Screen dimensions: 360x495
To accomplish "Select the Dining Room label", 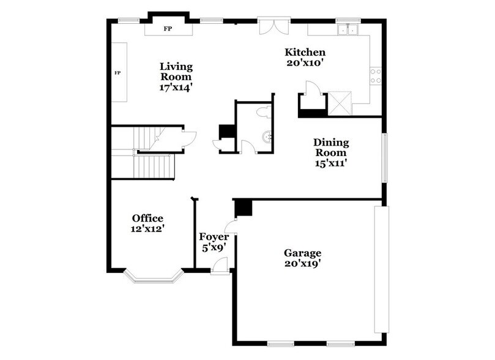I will (332, 147).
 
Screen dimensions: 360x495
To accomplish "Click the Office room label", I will (147, 218).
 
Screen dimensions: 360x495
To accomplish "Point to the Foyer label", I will (214, 236).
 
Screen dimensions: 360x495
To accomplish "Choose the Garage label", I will (302, 252).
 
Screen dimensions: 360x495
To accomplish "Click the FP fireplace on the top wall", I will (167, 29).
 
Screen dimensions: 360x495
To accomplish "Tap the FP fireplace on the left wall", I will (118, 73).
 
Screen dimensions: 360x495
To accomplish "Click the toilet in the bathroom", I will (264, 113).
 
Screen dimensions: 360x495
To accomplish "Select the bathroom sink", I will (266, 138).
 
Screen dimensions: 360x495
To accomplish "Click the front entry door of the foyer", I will (220, 266).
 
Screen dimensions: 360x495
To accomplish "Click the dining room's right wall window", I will (385, 157).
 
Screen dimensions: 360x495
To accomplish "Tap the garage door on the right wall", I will (381, 269).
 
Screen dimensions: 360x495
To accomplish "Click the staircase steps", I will (153, 165).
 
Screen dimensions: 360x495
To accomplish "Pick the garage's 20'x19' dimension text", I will (302, 264).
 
